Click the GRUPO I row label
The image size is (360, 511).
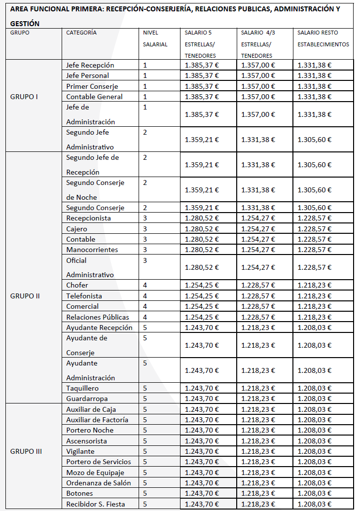coord(24,96)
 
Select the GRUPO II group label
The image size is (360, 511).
coord(25,296)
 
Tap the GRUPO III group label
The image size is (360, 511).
coord(26,451)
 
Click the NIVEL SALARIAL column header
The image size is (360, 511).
coord(155,38)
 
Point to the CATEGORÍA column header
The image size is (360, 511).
coord(81,33)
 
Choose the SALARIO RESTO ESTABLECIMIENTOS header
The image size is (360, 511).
coord(323,38)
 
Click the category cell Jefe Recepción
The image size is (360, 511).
coord(90,65)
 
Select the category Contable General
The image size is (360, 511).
coord(94,97)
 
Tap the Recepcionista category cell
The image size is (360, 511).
coord(89,218)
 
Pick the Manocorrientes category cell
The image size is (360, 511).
coord(92,250)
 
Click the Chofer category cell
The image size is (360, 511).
coord(77,285)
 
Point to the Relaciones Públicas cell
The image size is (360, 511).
coord(98,317)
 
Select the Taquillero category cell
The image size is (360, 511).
coord(82,388)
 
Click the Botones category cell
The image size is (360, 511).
coord(79,493)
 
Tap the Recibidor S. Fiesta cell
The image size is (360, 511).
coord(96,504)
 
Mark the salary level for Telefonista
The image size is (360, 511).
coord(145,296)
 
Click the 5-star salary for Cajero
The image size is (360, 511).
coord(202,229)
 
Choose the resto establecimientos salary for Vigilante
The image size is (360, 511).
coord(314,451)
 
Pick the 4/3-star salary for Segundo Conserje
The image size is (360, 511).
coord(258,208)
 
